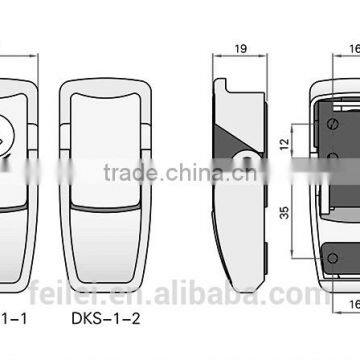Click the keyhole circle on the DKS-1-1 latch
(x=3, y=131)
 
